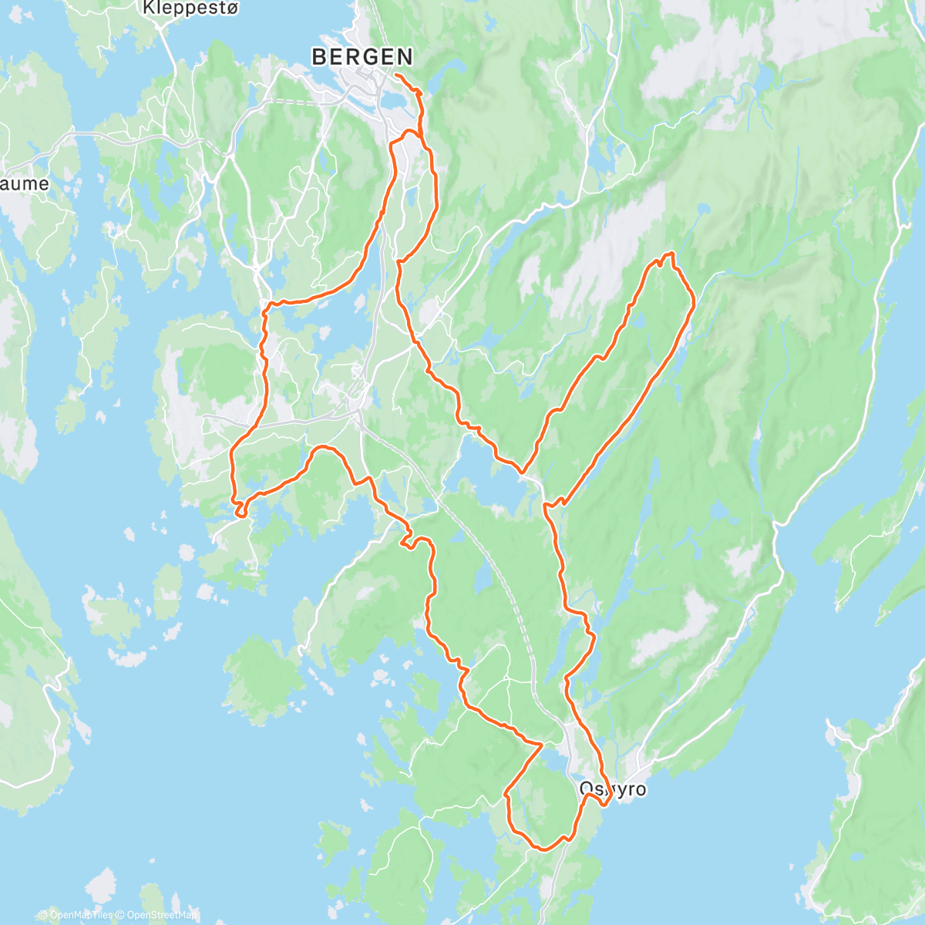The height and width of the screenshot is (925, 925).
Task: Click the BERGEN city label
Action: tap(362, 56)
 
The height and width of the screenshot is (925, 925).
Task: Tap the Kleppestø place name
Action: tap(180, 8)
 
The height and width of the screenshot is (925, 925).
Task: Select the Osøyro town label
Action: tap(613, 789)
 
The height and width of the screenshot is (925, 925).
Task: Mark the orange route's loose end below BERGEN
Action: tap(395, 75)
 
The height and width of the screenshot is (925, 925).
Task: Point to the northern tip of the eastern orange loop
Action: tap(669, 254)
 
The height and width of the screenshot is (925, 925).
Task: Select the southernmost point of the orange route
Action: tap(543, 849)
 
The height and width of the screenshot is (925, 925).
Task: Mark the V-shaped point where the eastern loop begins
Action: tap(523, 471)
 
